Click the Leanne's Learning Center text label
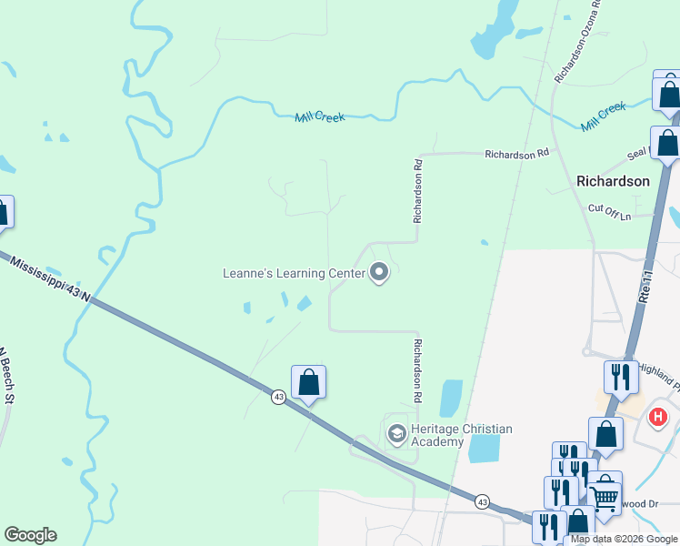[x=294, y=272]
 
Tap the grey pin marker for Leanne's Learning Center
[x=379, y=272]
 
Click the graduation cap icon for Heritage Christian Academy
[x=396, y=434]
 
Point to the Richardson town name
[x=613, y=181]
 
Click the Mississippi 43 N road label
[x=51, y=278]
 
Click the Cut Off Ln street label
[x=609, y=208]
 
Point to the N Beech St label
[x=9, y=376]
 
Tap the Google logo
[x=30, y=535]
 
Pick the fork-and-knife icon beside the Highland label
[x=621, y=375]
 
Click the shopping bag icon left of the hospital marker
[x=605, y=434]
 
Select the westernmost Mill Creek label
[x=320, y=116]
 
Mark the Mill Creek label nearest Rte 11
[x=605, y=114]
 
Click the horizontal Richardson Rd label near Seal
[x=517, y=154]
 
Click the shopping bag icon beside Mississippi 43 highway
[x=308, y=382]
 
